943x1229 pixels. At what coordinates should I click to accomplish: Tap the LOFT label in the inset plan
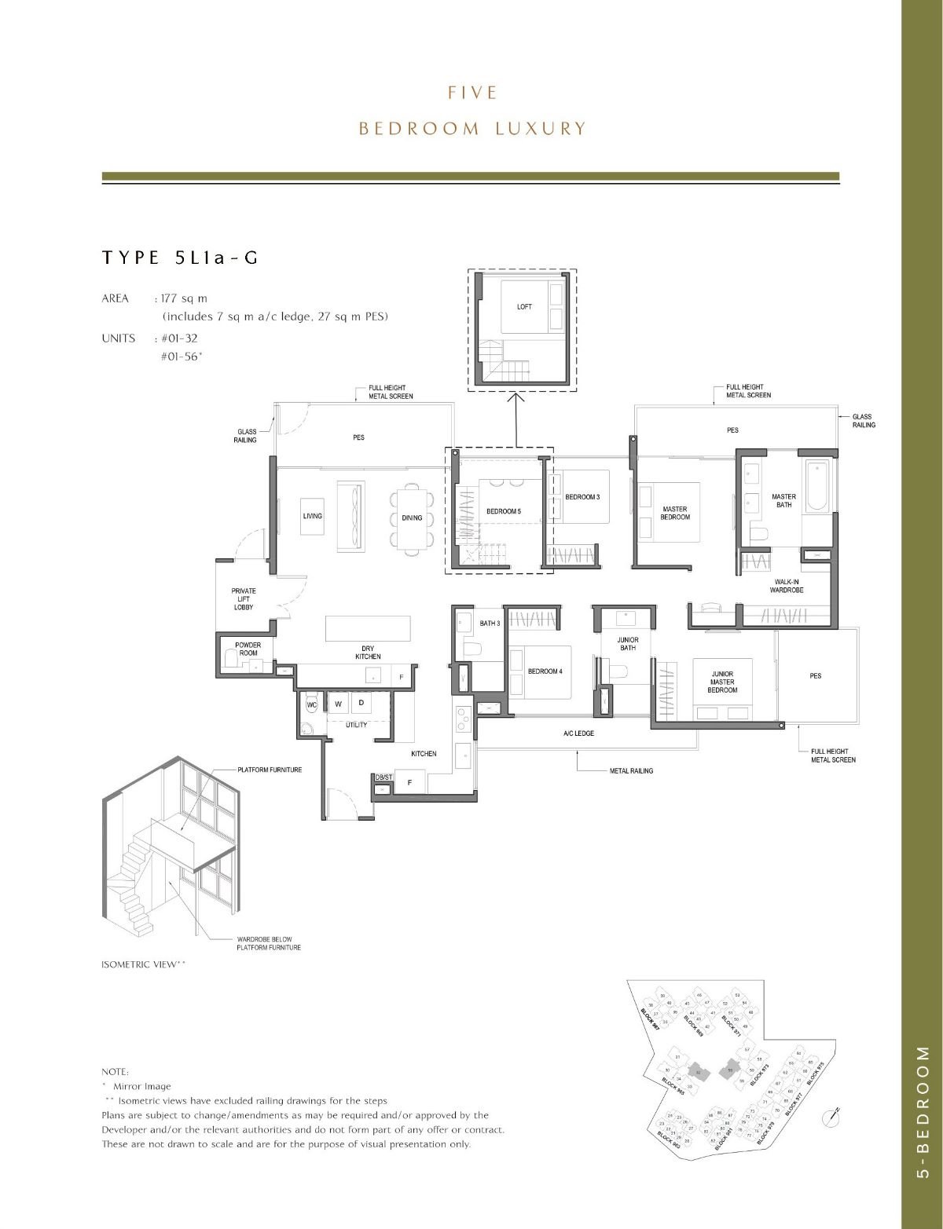(x=524, y=306)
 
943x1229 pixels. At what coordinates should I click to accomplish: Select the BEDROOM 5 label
(x=503, y=511)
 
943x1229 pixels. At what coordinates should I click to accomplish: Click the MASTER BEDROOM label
(x=675, y=513)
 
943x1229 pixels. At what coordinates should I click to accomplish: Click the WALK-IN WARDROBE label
(x=786, y=585)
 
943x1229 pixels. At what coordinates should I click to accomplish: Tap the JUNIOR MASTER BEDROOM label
(x=722, y=682)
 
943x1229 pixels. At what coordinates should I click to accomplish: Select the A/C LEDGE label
(x=578, y=733)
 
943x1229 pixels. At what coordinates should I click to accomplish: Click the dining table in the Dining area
(x=412, y=517)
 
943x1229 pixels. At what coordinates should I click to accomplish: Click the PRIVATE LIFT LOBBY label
(x=244, y=599)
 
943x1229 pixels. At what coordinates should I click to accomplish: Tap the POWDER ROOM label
(x=248, y=649)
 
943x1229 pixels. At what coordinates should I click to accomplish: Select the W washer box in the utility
(x=338, y=704)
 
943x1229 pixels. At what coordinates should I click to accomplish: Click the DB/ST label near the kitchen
(x=383, y=777)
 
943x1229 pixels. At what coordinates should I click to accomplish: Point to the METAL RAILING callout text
(x=631, y=770)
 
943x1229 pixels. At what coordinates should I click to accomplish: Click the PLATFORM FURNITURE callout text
(x=270, y=770)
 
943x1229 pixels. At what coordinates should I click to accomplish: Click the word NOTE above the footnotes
(x=116, y=1072)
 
